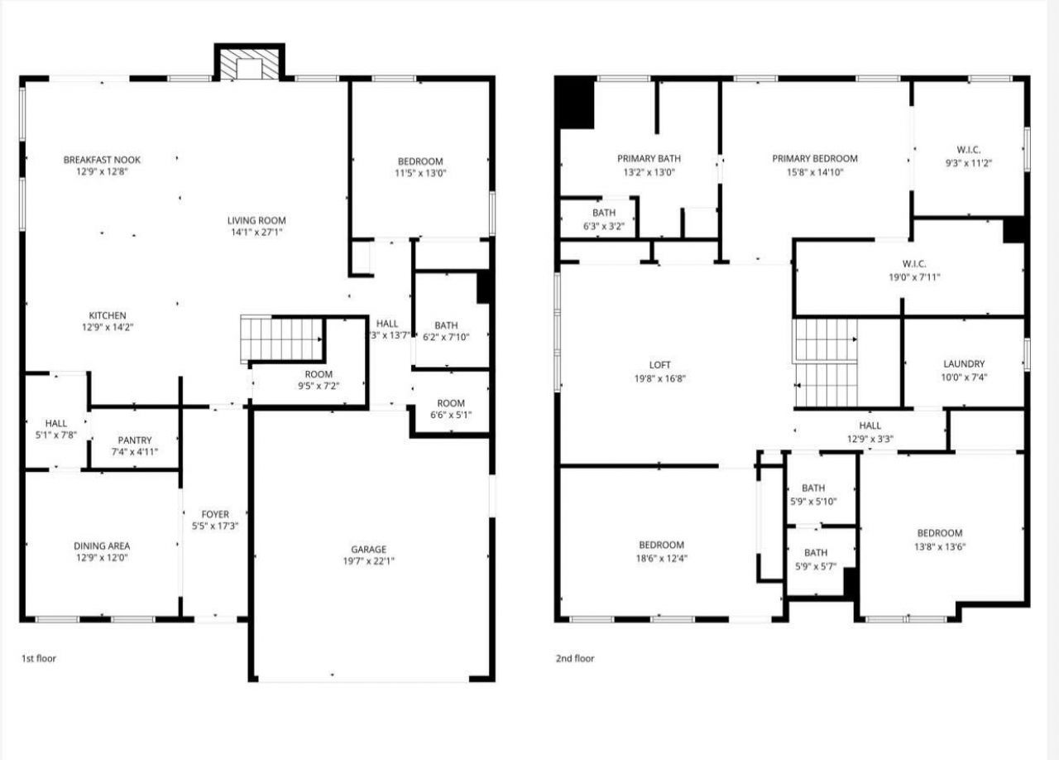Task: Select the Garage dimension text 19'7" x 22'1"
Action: click(368, 561)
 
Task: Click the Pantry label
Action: click(134, 440)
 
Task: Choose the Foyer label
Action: click(215, 514)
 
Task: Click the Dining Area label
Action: click(102, 546)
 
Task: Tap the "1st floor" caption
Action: click(39, 659)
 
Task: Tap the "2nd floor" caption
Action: click(574, 659)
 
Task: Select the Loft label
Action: click(660, 365)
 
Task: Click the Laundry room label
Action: click(964, 363)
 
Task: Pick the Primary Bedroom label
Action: click(815, 158)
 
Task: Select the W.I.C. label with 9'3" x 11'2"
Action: click(969, 150)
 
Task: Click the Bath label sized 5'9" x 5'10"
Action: click(813, 488)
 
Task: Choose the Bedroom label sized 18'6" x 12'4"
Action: click(661, 545)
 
